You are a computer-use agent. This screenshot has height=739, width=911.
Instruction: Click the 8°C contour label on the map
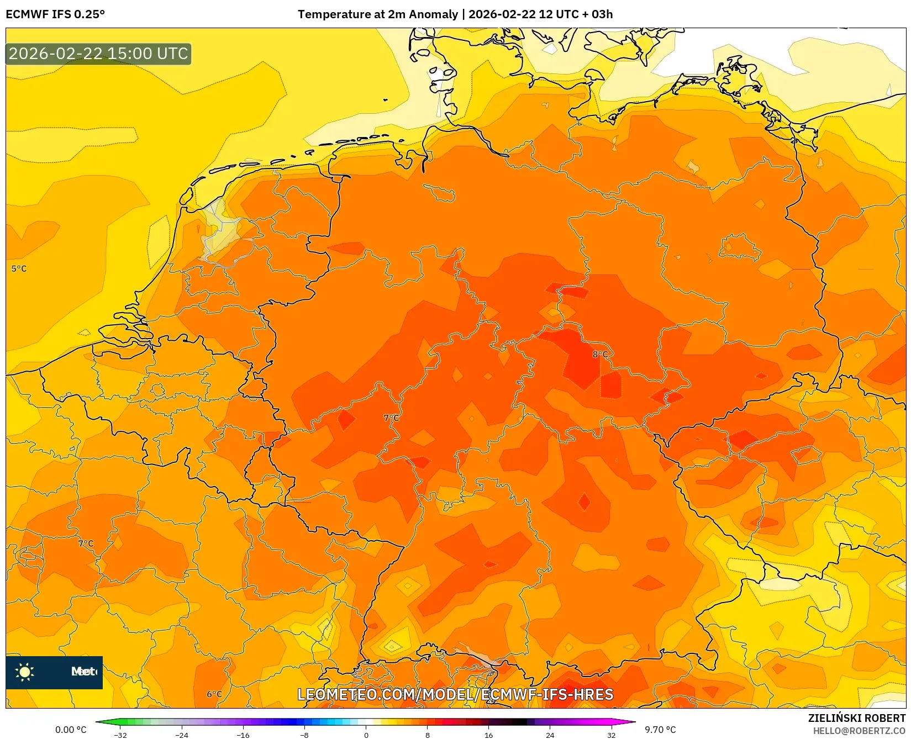(600, 354)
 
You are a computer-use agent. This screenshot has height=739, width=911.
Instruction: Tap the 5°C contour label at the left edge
(19, 268)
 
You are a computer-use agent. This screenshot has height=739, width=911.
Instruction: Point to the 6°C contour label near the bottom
(214, 694)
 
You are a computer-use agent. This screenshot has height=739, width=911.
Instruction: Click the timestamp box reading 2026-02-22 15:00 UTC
(98, 54)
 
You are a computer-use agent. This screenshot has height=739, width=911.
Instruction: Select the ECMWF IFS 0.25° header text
(55, 14)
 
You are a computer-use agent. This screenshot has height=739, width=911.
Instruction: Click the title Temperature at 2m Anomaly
(378, 14)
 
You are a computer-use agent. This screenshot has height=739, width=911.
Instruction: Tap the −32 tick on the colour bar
(120, 735)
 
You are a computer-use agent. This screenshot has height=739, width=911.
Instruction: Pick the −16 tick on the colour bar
(243, 735)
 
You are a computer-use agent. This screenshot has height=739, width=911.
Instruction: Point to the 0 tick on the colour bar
(366, 735)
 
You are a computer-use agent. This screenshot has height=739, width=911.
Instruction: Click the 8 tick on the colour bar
(427, 735)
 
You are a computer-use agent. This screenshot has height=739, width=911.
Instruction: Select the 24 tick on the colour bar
(550, 735)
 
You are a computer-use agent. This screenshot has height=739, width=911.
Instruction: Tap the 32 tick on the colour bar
(611, 735)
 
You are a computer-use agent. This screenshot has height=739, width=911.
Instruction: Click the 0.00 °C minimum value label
(71, 730)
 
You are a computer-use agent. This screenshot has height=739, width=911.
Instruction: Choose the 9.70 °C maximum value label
(660, 730)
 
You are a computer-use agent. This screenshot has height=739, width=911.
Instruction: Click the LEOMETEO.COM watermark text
(455, 694)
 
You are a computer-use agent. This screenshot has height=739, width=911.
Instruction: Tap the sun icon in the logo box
(25, 672)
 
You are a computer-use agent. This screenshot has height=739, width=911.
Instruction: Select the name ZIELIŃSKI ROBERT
(857, 718)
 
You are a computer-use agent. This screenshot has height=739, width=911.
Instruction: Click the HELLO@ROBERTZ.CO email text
(859, 731)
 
